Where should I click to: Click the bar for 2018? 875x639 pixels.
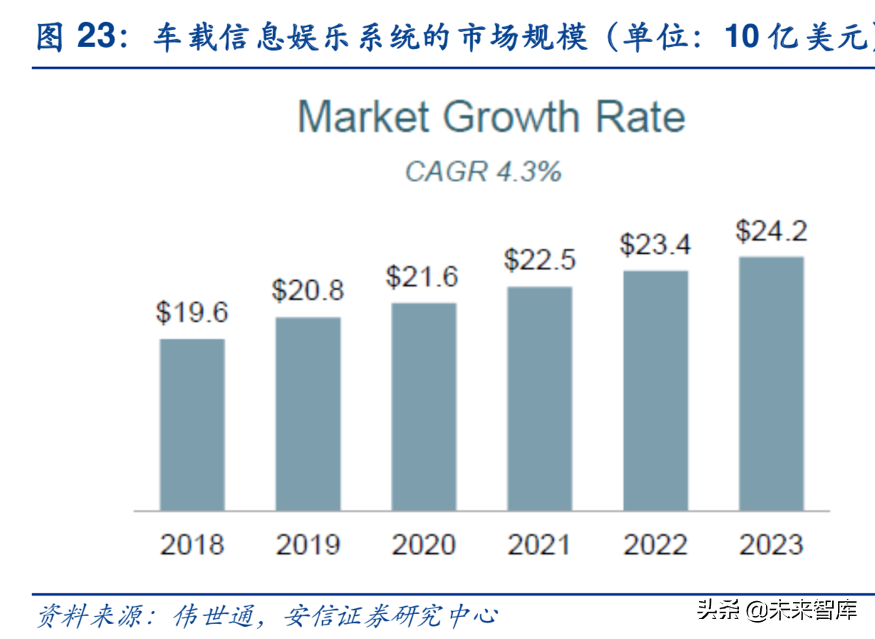click(x=192, y=424)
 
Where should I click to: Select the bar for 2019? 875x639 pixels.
click(x=308, y=414)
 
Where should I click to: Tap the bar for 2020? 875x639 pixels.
click(x=424, y=407)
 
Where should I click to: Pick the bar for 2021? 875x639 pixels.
click(x=539, y=399)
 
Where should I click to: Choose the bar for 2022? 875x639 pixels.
click(x=656, y=390)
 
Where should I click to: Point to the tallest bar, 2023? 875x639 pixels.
click(x=771, y=383)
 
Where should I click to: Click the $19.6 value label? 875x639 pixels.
click(x=192, y=312)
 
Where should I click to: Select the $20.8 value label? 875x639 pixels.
click(x=308, y=290)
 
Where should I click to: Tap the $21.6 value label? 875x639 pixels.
click(x=422, y=277)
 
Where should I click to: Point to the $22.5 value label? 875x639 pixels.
click(x=539, y=260)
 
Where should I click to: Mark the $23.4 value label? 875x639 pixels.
click(x=656, y=245)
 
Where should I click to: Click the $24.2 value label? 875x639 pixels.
click(x=771, y=231)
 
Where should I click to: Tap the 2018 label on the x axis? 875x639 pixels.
click(x=192, y=545)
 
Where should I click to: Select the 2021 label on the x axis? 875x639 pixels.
click(x=539, y=545)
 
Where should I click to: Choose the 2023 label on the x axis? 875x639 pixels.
click(x=771, y=545)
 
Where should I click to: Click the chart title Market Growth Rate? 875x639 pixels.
click(x=491, y=116)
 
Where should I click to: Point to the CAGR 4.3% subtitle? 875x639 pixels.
click(x=483, y=172)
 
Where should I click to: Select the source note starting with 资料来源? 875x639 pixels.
click(x=266, y=615)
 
